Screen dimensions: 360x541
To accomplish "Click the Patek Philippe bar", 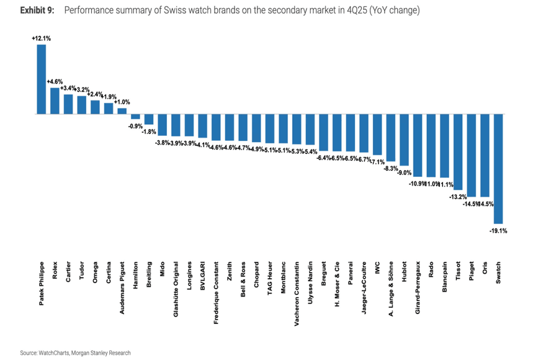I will [42, 79].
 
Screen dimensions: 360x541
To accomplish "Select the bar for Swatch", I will [498, 168].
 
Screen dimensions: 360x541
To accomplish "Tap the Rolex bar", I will [55, 101].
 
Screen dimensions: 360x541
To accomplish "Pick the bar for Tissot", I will [458, 151].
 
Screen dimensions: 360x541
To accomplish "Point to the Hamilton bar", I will [135, 117].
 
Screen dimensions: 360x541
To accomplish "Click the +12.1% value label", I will [42, 38].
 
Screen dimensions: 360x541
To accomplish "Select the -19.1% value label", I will [498, 230].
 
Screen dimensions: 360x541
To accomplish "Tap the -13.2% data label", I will [458, 197].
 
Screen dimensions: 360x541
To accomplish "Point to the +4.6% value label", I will [55, 81].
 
